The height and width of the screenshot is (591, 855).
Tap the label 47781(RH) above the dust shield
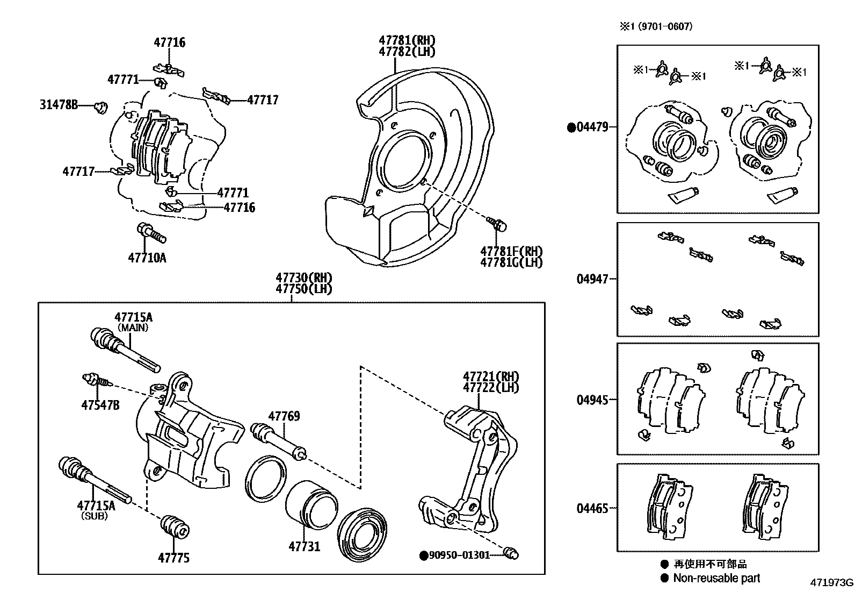point(407,40)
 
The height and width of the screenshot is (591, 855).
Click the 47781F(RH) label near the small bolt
point(511,251)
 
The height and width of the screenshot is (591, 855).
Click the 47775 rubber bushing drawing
point(174,526)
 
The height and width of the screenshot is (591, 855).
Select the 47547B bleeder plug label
point(100,405)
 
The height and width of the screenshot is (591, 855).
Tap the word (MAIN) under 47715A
point(133,327)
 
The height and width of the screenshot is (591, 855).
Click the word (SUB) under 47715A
point(95,516)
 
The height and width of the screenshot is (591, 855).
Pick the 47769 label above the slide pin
point(284,416)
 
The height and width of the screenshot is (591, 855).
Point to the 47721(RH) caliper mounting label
point(491,376)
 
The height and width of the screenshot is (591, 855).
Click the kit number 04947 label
point(592,279)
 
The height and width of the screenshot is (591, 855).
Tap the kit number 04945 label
point(592,400)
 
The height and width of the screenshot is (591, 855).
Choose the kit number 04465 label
point(592,508)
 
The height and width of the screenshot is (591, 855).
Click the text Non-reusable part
point(716,578)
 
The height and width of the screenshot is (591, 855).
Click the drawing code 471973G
point(831,582)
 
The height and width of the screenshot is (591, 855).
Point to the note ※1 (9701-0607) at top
point(656,26)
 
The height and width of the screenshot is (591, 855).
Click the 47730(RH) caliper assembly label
point(304,277)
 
